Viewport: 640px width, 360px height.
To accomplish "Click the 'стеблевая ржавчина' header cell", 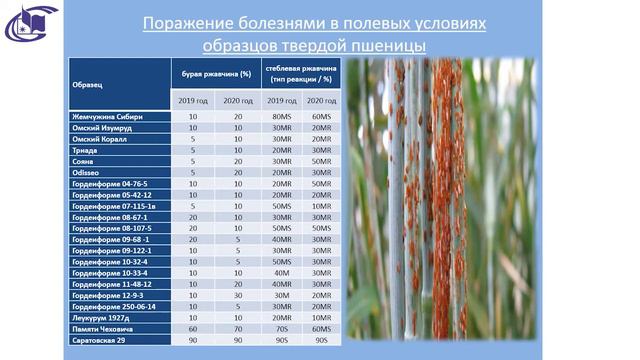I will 301,74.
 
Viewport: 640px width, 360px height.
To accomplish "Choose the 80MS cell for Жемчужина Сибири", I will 281,117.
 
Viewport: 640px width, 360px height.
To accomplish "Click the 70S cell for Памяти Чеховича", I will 281,329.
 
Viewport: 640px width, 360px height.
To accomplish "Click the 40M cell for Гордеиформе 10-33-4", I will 281,272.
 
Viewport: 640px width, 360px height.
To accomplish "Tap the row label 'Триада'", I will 84,150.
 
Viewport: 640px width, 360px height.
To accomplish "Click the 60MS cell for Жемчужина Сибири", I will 321,117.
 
